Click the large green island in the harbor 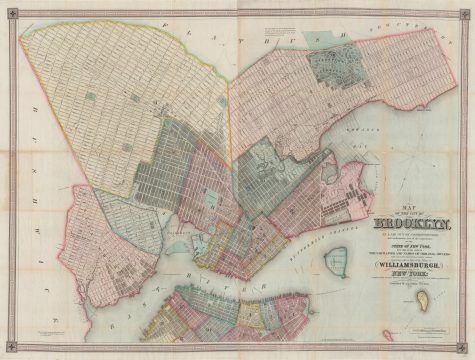coord(338,263)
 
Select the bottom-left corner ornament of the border coord(8,351)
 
